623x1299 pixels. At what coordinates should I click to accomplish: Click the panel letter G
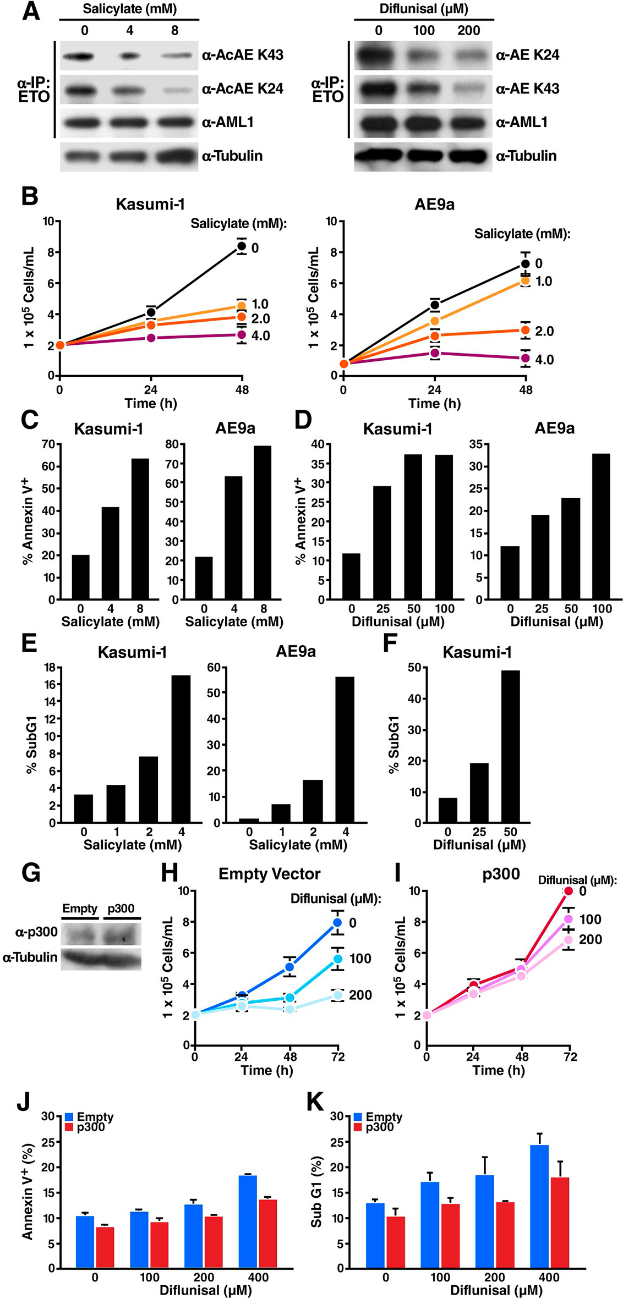click(31, 872)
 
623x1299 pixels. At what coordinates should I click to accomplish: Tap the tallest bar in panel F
click(510, 746)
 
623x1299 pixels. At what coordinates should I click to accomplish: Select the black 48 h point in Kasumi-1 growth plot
click(242, 246)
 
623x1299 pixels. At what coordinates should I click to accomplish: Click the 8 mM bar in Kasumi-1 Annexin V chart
click(140, 529)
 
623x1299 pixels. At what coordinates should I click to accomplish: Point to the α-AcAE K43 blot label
click(243, 55)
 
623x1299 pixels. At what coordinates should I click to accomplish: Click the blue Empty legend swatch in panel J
click(69, 1117)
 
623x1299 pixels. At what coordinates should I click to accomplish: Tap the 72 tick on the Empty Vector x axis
click(338, 1056)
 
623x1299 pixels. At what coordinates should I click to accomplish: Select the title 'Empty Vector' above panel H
click(269, 874)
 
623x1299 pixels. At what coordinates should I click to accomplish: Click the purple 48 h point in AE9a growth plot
click(526, 358)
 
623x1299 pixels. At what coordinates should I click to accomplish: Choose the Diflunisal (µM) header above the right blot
click(424, 9)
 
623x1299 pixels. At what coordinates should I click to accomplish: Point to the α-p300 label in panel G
click(36, 932)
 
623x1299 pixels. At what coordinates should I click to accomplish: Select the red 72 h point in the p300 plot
click(568, 891)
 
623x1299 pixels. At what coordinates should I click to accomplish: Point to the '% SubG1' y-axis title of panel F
click(394, 745)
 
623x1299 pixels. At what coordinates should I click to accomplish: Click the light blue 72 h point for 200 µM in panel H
click(338, 995)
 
